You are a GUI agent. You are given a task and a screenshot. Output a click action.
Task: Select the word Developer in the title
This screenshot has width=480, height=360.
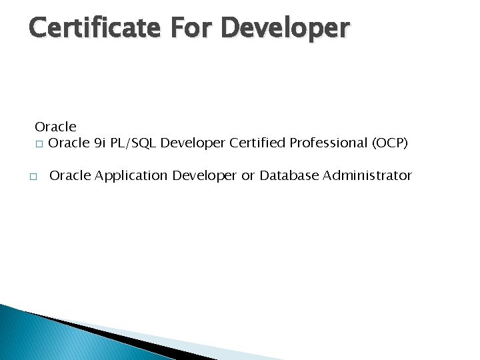285,28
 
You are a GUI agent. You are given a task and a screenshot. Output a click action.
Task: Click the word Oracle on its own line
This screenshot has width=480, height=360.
55,127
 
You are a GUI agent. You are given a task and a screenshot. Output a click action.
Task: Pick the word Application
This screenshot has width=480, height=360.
132,175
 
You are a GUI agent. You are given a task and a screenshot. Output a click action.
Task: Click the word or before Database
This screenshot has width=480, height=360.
248,175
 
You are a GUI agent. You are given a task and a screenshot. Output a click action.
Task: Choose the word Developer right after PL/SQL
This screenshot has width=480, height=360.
193,143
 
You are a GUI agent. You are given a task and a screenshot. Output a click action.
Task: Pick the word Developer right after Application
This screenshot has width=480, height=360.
205,175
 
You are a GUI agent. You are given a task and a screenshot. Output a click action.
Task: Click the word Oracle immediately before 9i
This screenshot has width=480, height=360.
69,143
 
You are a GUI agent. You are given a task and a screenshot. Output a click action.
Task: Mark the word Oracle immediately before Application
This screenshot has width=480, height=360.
71,175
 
